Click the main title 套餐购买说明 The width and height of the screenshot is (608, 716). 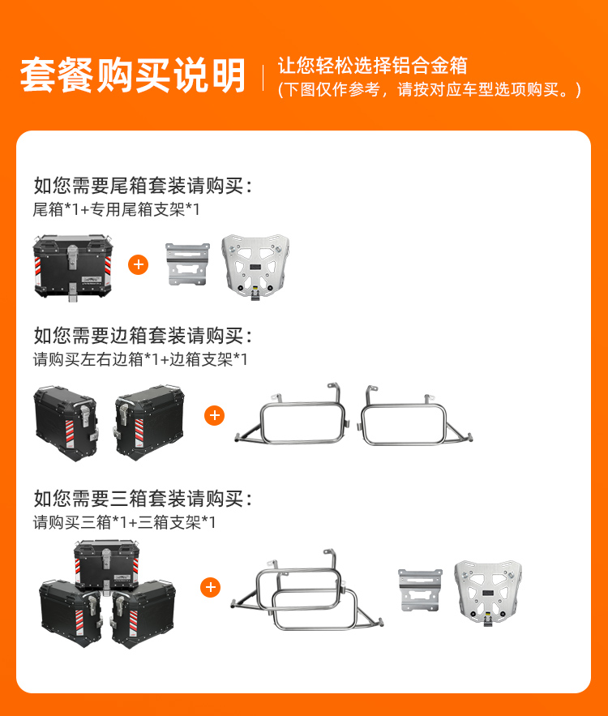(x=132, y=75)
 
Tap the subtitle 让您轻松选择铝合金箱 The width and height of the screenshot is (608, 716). (x=372, y=66)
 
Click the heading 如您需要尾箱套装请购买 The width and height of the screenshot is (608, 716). (x=143, y=186)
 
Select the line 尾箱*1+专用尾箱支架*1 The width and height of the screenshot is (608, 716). (x=117, y=209)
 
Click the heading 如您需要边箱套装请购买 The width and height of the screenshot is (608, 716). (x=143, y=336)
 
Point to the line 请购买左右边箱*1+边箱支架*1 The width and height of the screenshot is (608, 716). (x=140, y=359)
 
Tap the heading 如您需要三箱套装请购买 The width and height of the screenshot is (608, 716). (x=143, y=498)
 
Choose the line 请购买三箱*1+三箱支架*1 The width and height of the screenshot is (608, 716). (x=124, y=522)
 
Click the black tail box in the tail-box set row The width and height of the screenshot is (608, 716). (x=73, y=267)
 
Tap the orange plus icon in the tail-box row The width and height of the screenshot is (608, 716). (x=139, y=265)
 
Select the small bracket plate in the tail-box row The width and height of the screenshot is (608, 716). (x=187, y=264)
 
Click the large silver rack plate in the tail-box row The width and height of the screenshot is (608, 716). (x=255, y=266)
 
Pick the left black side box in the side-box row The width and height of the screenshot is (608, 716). (x=66, y=423)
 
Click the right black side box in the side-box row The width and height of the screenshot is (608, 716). (x=149, y=422)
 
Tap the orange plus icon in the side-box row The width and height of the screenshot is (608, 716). (x=215, y=415)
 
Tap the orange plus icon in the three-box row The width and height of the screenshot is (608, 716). (x=211, y=587)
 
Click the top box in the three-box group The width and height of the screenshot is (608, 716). (x=106, y=566)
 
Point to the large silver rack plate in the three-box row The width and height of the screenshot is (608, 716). (x=488, y=593)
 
